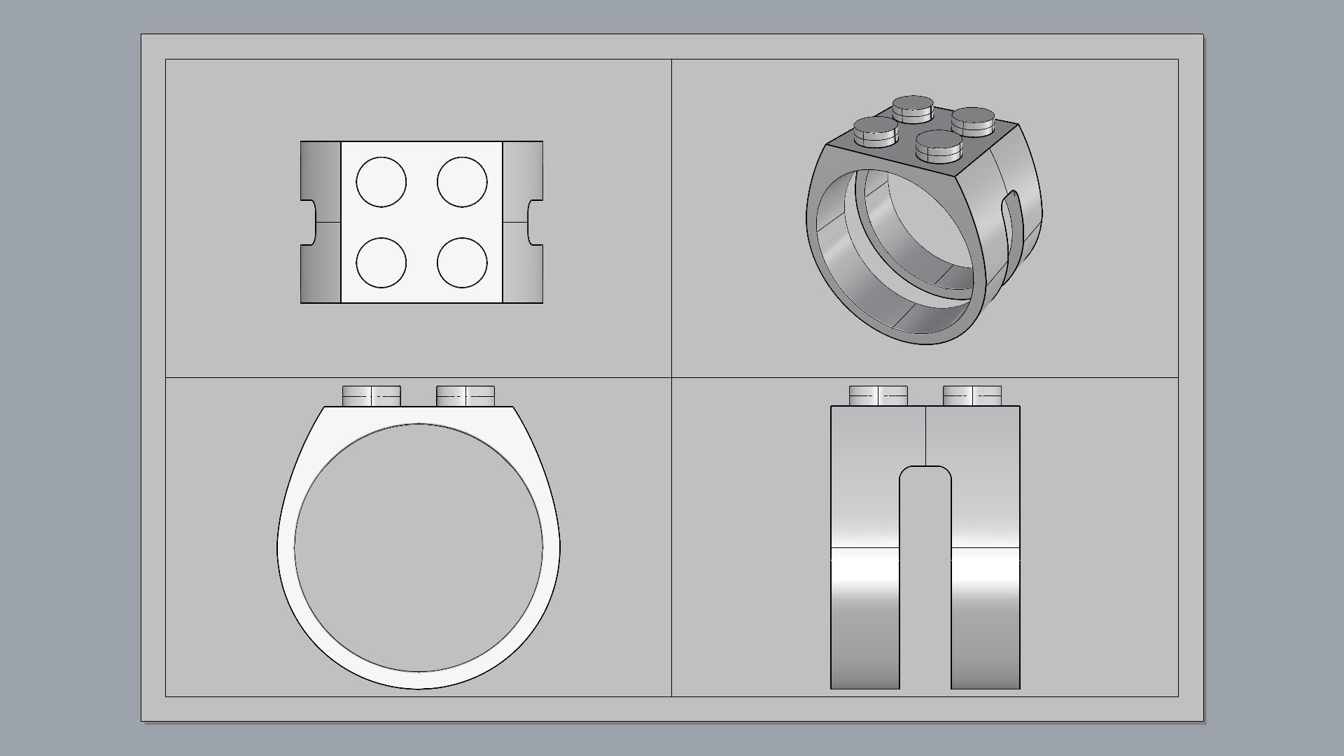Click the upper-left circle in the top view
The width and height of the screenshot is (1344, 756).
coord(381,182)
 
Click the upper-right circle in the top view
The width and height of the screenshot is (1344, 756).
coord(462,182)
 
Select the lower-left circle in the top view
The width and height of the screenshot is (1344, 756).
coord(381,262)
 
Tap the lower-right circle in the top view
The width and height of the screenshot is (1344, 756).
coord(462,262)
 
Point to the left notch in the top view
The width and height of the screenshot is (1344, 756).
coord(309,223)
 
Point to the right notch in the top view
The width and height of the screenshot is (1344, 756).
coord(535,223)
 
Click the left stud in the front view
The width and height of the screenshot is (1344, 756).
coord(372,396)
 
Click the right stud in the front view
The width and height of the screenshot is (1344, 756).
coord(465,396)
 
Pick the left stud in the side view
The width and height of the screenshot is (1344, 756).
coord(878,396)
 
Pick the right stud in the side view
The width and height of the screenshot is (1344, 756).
coord(972,396)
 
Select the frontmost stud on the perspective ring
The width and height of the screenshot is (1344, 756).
coord(939,144)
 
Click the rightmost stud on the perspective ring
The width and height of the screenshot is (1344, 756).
coord(973,121)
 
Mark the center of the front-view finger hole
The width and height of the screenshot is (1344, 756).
coord(419,548)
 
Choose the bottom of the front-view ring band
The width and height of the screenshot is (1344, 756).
coord(419,680)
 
